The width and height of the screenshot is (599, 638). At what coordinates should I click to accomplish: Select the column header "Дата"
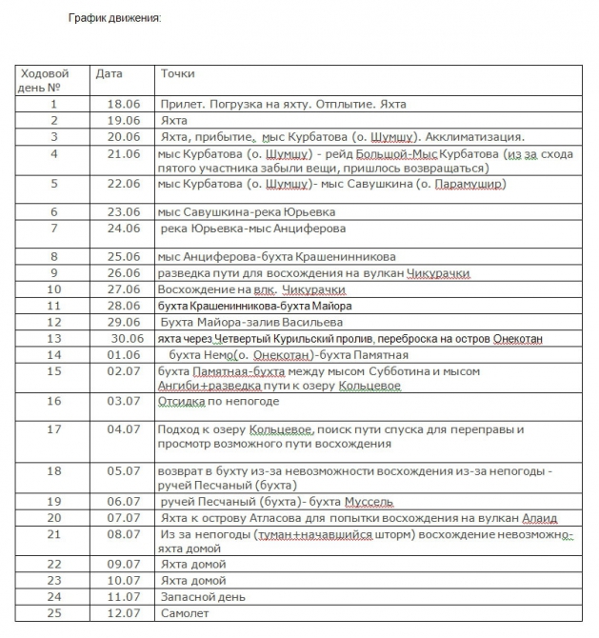(x=109, y=73)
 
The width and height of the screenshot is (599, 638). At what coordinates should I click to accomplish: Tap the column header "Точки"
(x=177, y=73)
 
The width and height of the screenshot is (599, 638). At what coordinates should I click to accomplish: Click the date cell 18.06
(x=124, y=104)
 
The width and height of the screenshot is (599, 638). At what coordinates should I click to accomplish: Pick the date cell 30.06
(x=127, y=338)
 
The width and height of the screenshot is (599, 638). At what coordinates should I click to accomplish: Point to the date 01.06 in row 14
(x=124, y=354)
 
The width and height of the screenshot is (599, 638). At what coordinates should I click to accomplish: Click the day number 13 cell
(x=53, y=338)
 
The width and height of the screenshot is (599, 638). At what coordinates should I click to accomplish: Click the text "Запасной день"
(x=203, y=596)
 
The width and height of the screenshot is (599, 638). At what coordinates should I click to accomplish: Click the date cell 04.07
(x=124, y=429)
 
